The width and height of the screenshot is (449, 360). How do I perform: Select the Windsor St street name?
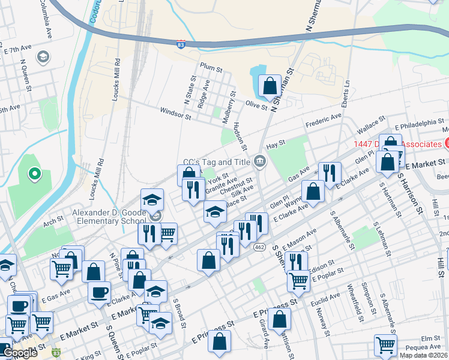pyautogui.click(x=175, y=113)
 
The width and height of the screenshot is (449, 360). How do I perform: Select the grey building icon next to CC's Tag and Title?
pyautogui.click(x=260, y=160)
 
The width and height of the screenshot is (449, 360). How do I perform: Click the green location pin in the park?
pyautogui.click(x=35, y=175)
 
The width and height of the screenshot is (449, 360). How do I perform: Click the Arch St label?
pyautogui.click(x=53, y=222)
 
